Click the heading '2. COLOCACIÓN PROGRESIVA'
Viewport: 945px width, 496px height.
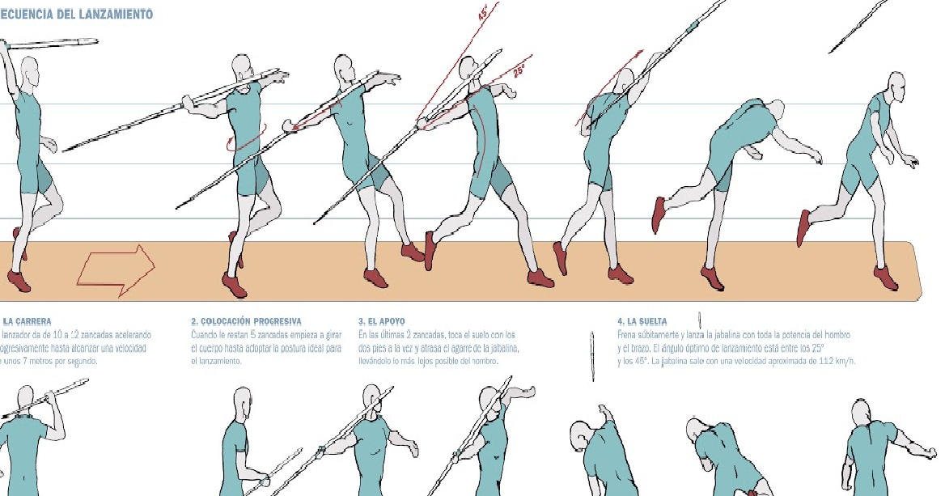246,321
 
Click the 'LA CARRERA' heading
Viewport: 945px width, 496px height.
28,321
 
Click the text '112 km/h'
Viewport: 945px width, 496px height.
837,361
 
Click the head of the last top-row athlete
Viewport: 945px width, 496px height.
896,83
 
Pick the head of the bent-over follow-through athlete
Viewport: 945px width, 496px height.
775,110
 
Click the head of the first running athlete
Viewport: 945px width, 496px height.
29,70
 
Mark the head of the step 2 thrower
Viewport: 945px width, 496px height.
241,67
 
